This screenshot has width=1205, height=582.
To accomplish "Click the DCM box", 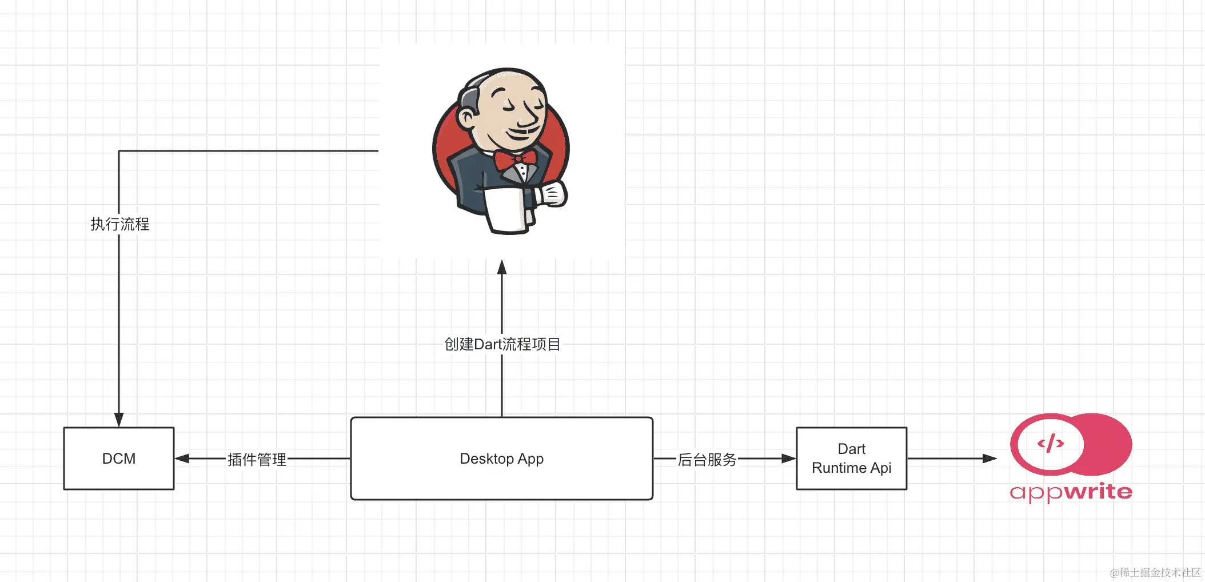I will (119, 459).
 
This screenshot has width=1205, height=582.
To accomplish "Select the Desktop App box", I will (501, 459).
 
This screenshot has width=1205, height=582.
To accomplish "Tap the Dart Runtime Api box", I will (851, 459).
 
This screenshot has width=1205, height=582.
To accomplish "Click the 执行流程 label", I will (119, 224).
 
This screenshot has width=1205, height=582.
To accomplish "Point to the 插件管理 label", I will (257, 459).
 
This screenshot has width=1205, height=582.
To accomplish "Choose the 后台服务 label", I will (707, 459).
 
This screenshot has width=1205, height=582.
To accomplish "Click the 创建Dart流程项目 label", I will (502, 344).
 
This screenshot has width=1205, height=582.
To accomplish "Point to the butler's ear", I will (468, 118).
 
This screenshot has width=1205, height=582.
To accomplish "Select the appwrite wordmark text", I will (1071, 492).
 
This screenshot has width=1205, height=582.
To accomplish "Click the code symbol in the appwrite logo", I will (1051, 443).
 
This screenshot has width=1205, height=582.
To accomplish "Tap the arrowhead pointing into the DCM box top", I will (119, 420).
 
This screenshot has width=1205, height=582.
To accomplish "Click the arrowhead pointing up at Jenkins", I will (502, 267).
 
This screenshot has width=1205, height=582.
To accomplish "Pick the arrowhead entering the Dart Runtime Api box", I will (789, 459).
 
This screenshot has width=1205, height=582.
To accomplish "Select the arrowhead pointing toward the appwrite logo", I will (989, 459).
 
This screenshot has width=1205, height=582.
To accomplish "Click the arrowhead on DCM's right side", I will (182, 459).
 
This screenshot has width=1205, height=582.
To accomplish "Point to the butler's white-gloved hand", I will (552, 194).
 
